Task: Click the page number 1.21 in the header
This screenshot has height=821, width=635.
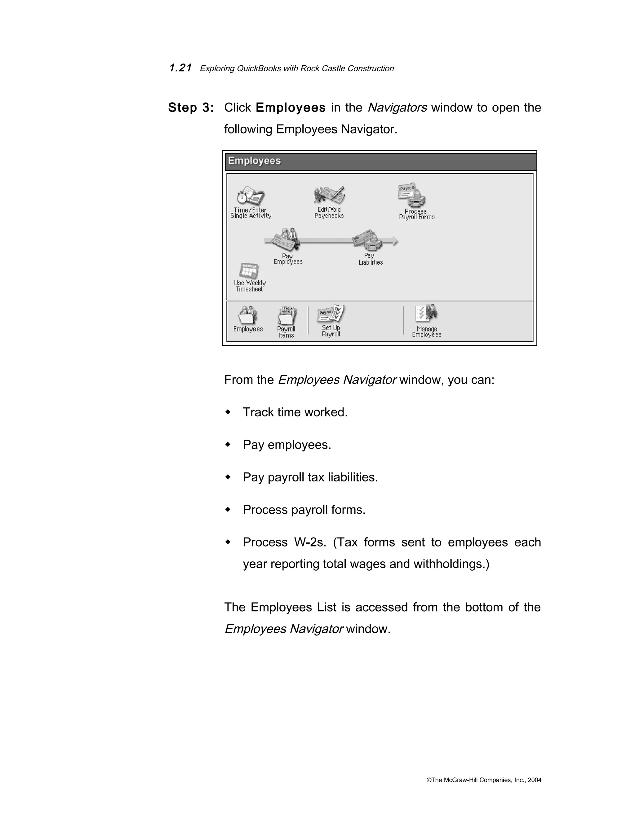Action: (x=180, y=68)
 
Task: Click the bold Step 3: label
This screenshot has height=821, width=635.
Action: (x=191, y=108)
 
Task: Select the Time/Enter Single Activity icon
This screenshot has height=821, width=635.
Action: (x=251, y=196)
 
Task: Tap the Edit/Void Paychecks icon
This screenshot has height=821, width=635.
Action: (x=330, y=195)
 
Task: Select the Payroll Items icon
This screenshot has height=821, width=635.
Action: (x=287, y=315)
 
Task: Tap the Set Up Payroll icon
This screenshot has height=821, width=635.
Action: (x=331, y=314)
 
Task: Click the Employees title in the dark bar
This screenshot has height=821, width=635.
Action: (x=254, y=161)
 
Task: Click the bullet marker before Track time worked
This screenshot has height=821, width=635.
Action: (x=228, y=412)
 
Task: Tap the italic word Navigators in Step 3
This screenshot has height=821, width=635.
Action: (x=397, y=108)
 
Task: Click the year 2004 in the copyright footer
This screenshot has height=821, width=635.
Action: (x=534, y=780)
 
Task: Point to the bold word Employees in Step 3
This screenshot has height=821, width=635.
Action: (x=291, y=108)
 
